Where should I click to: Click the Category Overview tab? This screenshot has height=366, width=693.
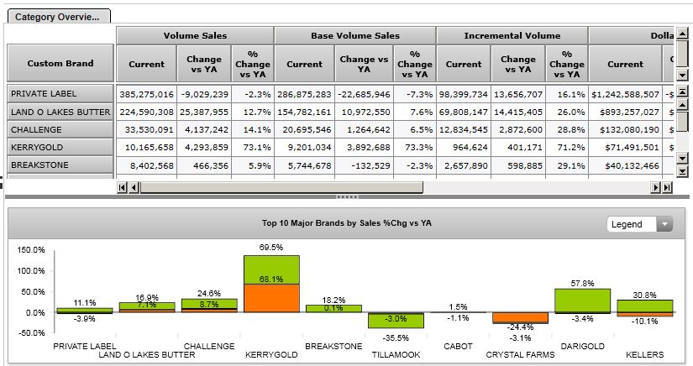pos(57,16)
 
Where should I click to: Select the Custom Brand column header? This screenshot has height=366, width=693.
pos(60,64)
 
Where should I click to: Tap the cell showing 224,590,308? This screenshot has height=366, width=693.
pos(145,112)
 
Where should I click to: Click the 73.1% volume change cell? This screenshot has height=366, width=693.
pos(253,148)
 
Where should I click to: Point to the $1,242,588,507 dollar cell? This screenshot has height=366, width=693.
pos(625,93)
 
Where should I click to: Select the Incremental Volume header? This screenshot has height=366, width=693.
pos(512,35)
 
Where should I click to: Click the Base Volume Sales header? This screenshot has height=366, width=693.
pos(354,35)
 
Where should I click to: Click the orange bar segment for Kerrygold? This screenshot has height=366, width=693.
pos(271,298)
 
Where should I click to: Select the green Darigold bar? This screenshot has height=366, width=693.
pos(582,301)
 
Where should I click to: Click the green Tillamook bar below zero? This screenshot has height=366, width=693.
pos(395,320)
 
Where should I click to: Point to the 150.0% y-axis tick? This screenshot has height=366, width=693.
pos(30,250)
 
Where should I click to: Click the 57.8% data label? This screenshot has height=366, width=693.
pos(583,284)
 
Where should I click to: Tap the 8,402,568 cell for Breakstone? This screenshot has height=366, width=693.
pos(145,165)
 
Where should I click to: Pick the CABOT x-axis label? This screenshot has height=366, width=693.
pos(458,346)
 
